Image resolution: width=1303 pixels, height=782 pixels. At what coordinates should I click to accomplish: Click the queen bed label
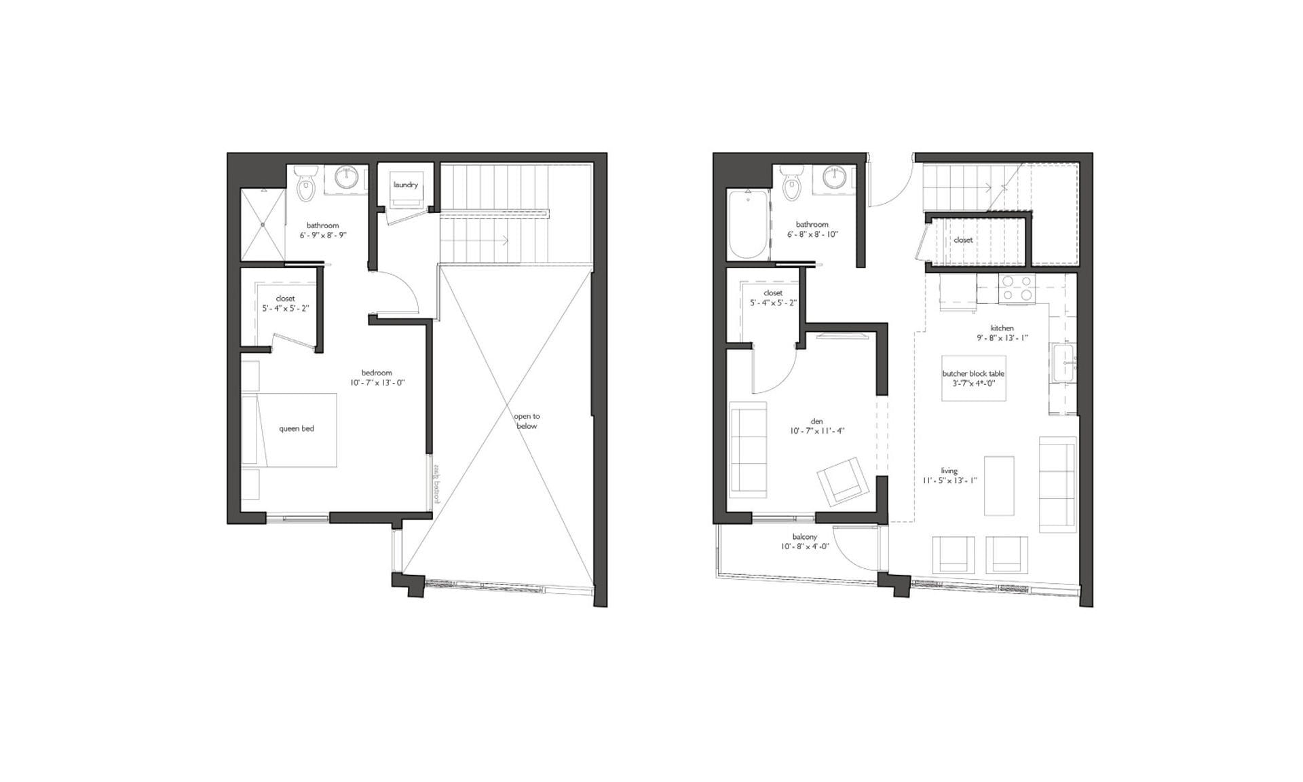click(297, 428)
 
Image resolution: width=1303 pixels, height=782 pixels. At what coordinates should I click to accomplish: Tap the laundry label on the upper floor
click(405, 185)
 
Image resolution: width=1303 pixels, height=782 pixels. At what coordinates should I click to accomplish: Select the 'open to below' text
click(526, 421)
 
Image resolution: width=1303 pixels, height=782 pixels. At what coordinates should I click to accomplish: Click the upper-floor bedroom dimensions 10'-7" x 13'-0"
click(377, 382)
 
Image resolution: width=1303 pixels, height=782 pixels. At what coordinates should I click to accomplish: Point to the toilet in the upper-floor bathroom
click(306, 185)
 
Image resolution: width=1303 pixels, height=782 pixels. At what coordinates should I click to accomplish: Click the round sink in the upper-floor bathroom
click(348, 178)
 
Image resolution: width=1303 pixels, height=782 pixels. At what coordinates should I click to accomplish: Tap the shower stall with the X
click(263, 224)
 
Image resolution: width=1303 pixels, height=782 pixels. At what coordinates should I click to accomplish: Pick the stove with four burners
click(1017, 288)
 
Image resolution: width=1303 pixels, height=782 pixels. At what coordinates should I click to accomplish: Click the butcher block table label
click(972, 373)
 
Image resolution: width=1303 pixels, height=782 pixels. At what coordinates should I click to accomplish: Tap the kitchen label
click(1002, 328)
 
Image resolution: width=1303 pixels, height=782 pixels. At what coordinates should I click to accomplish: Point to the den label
click(816, 422)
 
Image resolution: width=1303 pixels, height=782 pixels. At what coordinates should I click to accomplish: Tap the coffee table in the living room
click(999, 485)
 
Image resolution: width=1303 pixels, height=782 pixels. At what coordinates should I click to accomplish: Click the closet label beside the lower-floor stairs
click(962, 240)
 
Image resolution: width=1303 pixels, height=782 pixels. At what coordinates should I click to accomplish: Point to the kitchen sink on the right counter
click(1063, 365)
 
